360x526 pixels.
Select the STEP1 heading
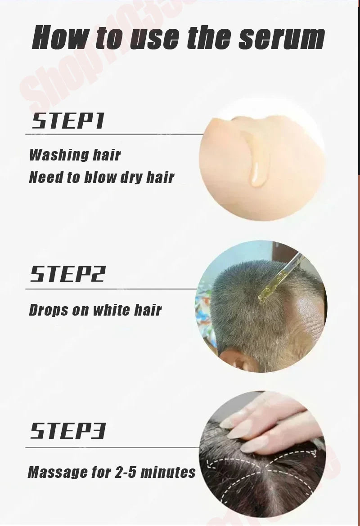tap(67, 121)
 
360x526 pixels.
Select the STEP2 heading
tap(67, 274)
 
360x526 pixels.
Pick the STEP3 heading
tap(67, 431)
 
